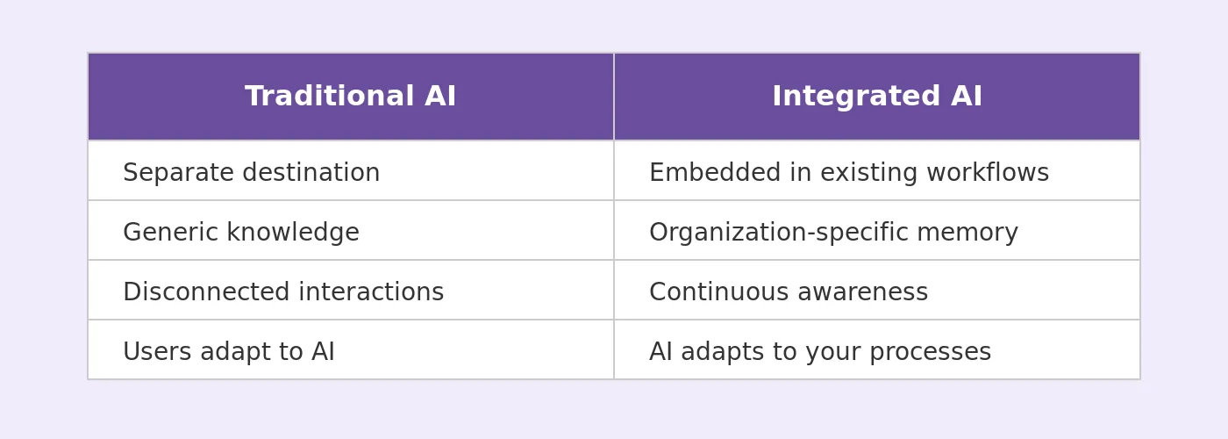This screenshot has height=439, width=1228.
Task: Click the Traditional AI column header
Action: pyautogui.click(x=350, y=97)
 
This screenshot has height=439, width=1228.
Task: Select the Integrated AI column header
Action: pyautogui.click(x=877, y=97)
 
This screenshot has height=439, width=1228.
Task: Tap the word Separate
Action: pyautogui.click(x=179, y=173)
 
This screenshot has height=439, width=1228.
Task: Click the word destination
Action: pyautogui.click(x=311, y=172)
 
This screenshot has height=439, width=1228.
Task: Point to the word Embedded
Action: pyautogui.click(x=715, y=172)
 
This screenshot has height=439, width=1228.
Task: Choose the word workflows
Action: pyautogui.click(x=988, y=172)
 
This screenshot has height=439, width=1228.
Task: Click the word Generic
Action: pyautogui.click(x=171, y=232)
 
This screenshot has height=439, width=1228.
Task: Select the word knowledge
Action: pyautogui.click(x=293, y=233)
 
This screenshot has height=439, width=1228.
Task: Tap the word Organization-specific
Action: pyautogui.click(x=779, y=233)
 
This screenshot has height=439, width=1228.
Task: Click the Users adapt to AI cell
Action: pyautogui.click(x=350, y=349)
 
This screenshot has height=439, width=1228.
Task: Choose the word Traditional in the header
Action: pyautogui.click(x=330, y=96)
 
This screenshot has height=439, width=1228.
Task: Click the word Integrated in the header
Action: pyautogui.click(x=856, y=97)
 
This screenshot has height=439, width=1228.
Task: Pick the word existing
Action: pyautogui.click(x=869, y=173)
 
